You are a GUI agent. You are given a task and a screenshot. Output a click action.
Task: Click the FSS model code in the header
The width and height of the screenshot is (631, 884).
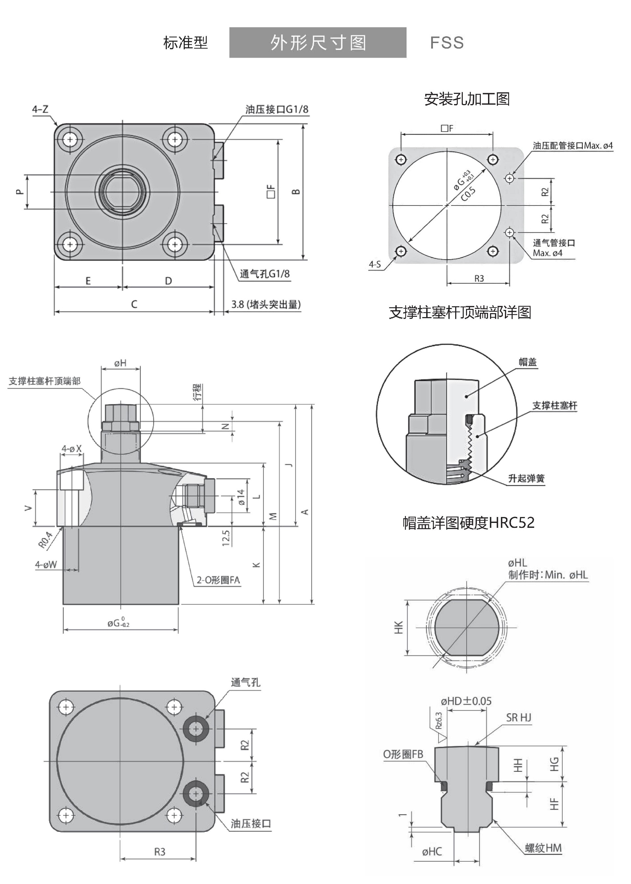[447, 43]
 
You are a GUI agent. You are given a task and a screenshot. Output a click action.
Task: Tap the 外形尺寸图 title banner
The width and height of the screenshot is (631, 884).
[318, 43]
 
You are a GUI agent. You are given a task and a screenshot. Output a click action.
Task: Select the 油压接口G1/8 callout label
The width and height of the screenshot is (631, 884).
[277, 109]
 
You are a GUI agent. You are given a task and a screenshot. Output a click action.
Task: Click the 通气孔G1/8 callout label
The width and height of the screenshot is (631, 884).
[265, 274]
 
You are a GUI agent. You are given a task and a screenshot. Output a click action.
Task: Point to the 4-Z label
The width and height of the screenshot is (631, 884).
[40, 109]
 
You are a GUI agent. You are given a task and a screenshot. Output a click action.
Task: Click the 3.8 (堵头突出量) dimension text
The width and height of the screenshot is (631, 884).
[266, 304]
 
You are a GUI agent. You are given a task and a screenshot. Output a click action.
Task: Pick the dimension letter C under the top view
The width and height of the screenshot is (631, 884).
[134, 304]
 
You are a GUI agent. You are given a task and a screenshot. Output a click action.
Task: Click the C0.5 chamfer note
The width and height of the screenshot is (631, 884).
[468, 194]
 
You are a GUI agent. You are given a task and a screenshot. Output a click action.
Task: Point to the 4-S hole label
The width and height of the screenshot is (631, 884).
[375, 265]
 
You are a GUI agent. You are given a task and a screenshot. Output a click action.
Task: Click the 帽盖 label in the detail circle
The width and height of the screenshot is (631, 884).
[528, 362]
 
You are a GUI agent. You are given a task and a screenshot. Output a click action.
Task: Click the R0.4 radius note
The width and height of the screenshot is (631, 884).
[45, 540]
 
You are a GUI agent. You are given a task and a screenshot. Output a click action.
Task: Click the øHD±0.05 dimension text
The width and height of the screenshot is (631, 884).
[466, 701]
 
